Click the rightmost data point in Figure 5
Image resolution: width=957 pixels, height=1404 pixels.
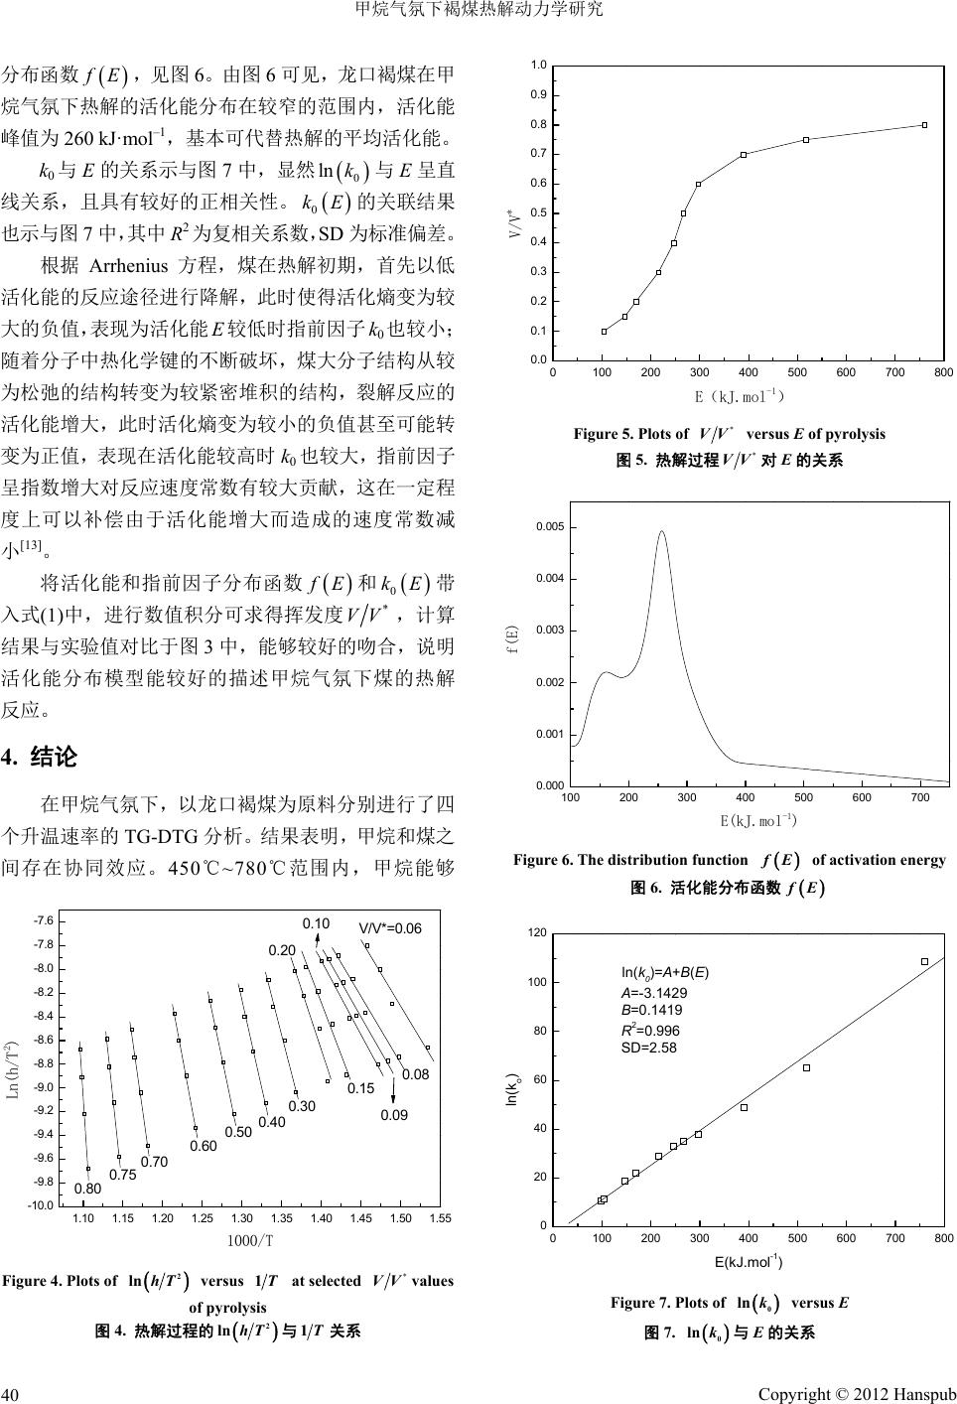tap(924, 125)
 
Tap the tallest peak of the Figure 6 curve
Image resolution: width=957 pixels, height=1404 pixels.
tap(661, 532)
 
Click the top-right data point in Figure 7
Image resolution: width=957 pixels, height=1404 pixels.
tap(924, 961)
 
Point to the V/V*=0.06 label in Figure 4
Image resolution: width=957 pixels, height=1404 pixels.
tap(390, 928)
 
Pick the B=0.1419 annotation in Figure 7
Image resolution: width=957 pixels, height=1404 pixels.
tap(651, 1010)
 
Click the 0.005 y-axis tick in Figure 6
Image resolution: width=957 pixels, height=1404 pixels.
tap(552, 526)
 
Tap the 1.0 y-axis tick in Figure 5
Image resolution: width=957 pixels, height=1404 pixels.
tap(538, 66)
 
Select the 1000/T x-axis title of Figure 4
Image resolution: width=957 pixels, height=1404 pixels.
tap(250, 1240)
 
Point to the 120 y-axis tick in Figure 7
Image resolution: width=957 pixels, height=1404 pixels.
tap(538, 933)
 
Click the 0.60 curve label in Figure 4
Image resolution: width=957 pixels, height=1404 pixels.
tap(203, 1146)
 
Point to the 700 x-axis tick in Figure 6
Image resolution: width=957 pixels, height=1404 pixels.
tap(920, 797)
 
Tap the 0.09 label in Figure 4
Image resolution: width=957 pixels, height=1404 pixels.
tap(394, 1115)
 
